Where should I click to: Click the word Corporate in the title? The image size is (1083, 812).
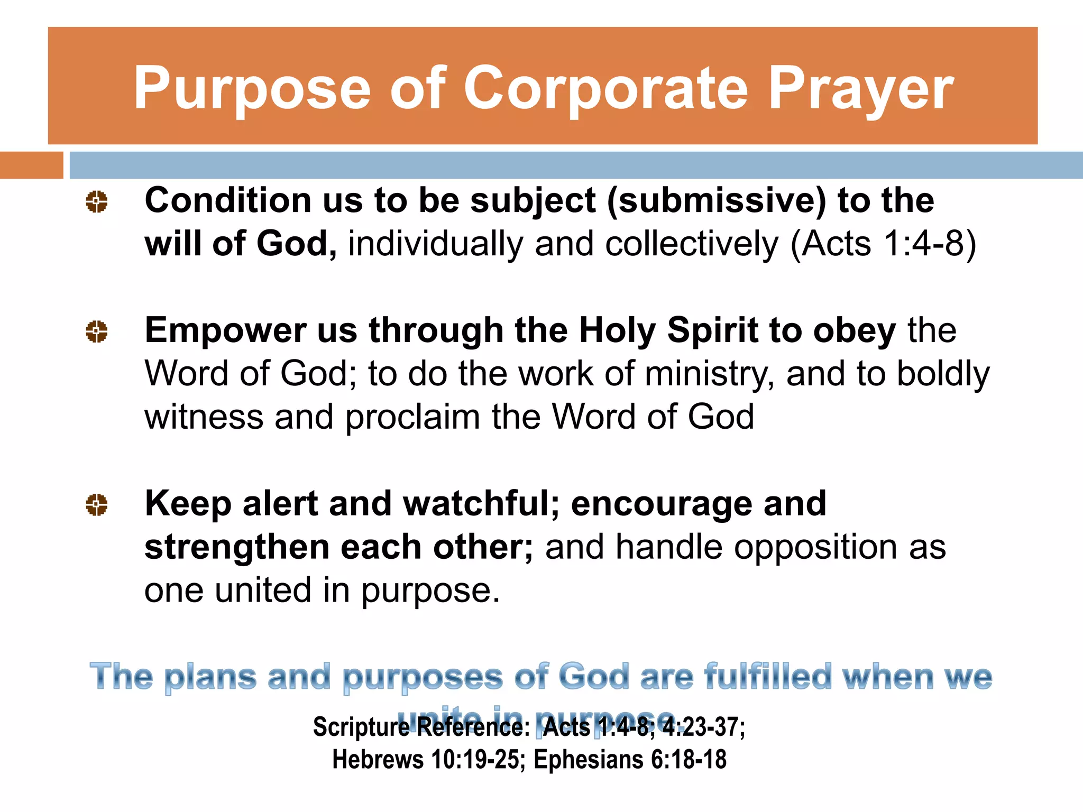pos(606,89)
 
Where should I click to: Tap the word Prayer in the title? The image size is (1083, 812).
pos(861,89)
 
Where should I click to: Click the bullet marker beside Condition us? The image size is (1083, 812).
pos(97,202)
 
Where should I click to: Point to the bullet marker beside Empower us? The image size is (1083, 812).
pos(97,331)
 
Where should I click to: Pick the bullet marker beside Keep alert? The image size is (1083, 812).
pos(97,504)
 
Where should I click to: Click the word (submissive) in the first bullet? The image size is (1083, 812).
pos(716,201)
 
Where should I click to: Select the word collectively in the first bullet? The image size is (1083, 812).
pos(692,244)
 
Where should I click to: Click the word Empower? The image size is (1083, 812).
pos(225,331)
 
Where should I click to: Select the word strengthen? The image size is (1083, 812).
pos(236,547)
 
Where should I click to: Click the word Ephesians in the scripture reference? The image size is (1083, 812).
pos(588,760)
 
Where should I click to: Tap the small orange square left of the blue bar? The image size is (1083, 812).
pos(32,165)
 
